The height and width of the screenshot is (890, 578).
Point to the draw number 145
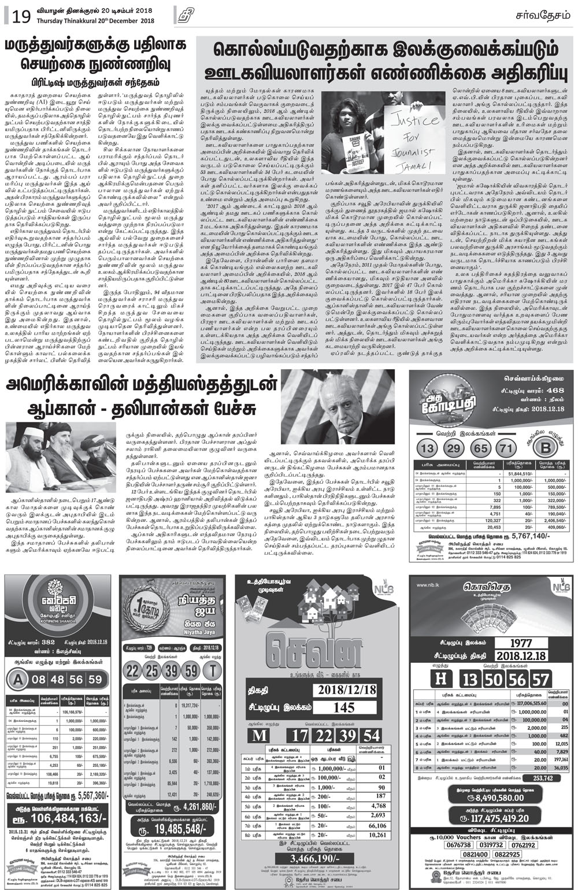[x=343, y=708]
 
